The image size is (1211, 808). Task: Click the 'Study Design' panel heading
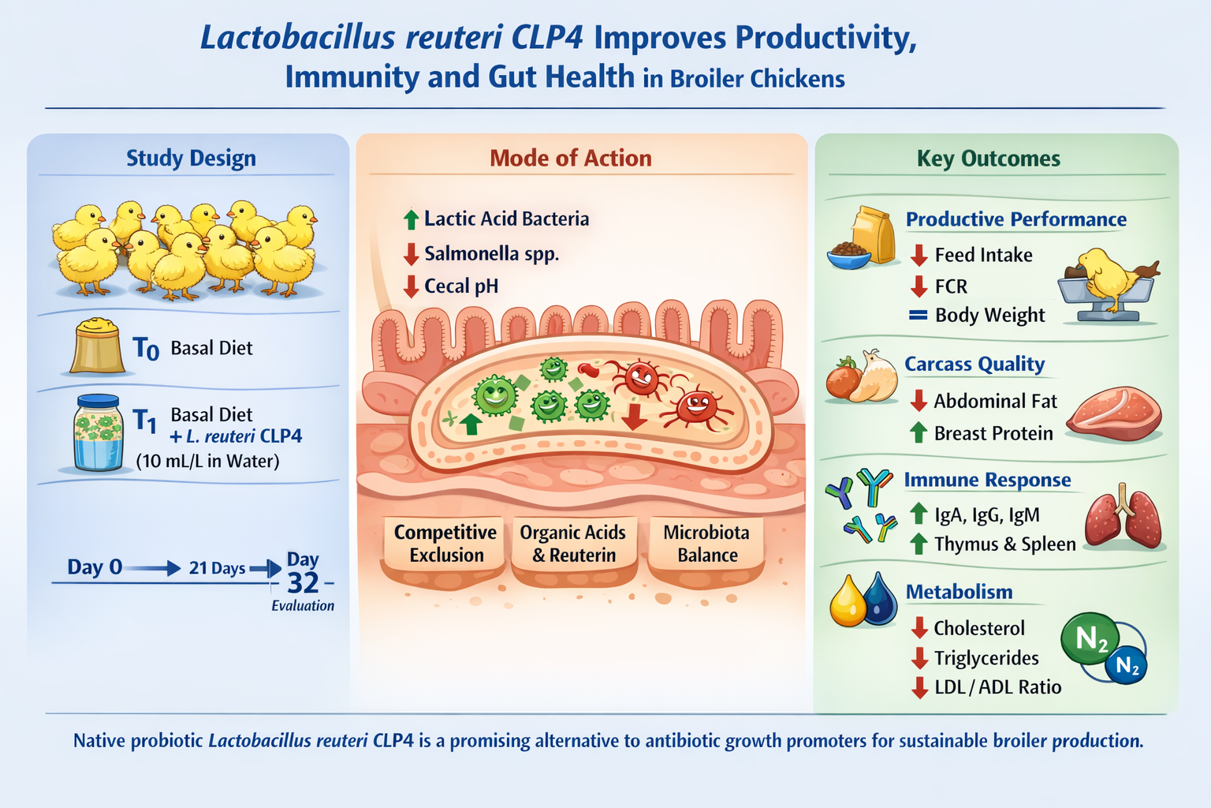point(191,159)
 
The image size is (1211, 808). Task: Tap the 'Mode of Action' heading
point(570,159)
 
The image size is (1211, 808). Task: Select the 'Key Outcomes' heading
point(988,159)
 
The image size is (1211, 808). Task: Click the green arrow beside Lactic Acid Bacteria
point(411,219)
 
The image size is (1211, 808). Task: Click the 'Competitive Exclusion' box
point(445,544)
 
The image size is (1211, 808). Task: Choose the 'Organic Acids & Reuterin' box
point(573,544)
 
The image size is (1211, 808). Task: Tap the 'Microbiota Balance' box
point(706,544)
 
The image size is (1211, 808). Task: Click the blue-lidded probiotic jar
point(98,432)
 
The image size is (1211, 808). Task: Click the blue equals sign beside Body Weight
point(918,315)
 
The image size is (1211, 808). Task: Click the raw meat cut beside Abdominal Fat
point(1114,413)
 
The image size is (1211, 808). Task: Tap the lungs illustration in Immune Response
point(1123,516)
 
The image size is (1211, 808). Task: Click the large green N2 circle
point(1090,638)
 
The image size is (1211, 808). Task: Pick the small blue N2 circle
point(1126,664)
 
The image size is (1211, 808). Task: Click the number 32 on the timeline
point(303,583)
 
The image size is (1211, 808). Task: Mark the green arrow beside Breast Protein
point(918,433)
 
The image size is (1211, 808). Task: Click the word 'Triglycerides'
point(986,658)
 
